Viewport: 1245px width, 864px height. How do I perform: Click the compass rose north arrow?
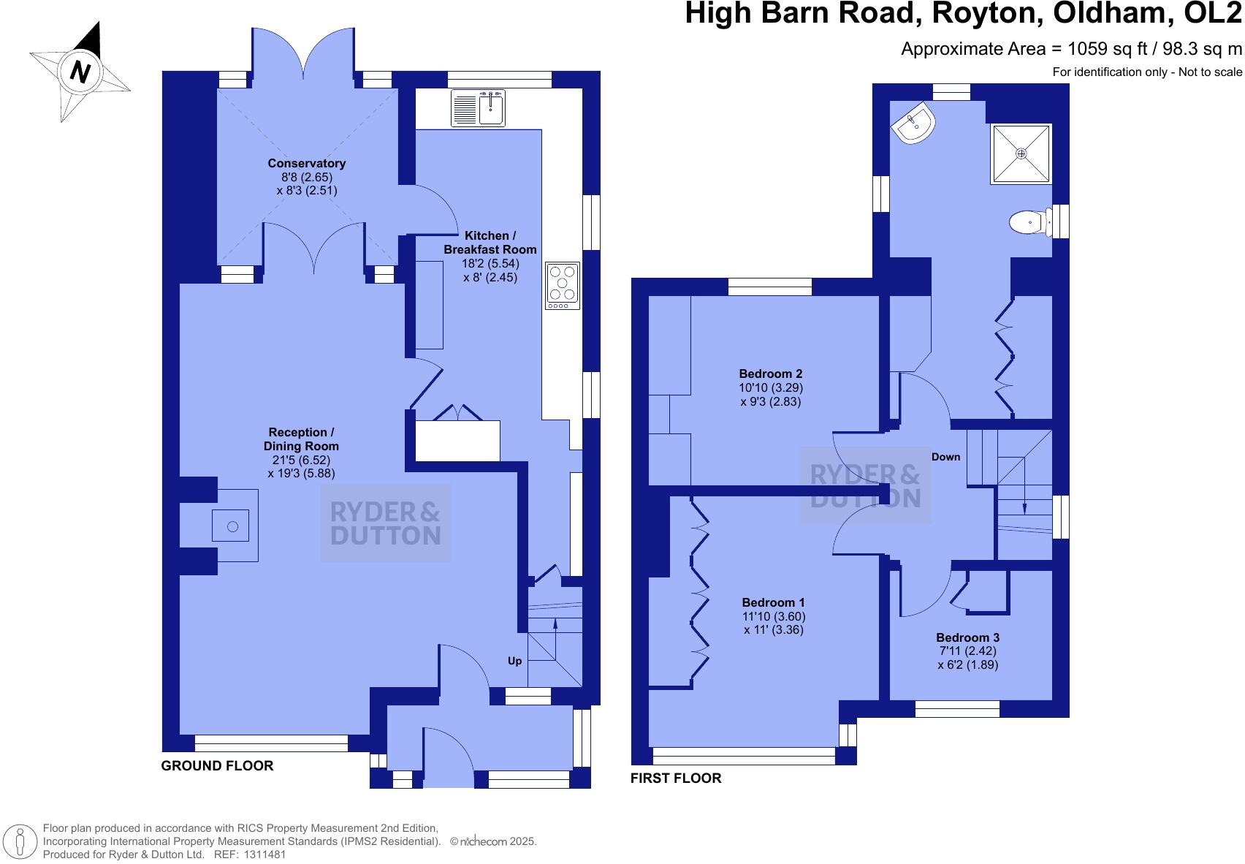pyautogui.click(x=80, y=71)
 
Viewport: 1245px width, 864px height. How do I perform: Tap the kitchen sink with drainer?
pyautogui.click(x=479, y=108)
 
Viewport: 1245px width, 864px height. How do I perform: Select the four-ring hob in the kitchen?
pyautogui.click(x=563, y=285)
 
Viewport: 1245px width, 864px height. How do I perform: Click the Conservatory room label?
pyautogui.click(x=306, y=163)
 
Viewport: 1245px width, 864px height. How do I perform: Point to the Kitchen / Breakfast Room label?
pyautogui.click(x=490, y=243)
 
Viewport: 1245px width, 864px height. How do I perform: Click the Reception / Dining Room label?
pyautogui.click(x=301, y=439)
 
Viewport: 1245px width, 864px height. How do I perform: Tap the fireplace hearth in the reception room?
pyautogui.click(x=233, y=526)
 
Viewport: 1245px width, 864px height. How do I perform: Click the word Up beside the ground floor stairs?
pyautogui.click(x=514, y=661)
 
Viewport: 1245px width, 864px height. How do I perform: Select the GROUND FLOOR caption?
pyautogui.click(x=217, y=765)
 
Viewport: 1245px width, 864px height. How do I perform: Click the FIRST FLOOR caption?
pyautogui.click(x=675, y=778)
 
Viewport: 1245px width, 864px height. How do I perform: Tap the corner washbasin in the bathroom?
pyautogui.click(x=913, y=125)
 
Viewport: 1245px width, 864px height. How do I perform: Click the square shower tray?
pyautogui.click(x=1021, y=154)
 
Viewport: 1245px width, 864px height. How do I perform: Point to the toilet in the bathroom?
pyautogui.click(x=1029, y=221)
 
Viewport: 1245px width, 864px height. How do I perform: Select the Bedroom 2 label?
pyautogui.click(x=770, y=374)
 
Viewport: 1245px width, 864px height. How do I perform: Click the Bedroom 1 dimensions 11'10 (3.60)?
pyautogui.click(x=773, y=616)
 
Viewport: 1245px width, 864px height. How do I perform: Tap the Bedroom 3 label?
pyautogui.click(x=967, y=637)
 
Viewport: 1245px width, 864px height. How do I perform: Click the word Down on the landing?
pyautogui.click(x=945, y=457)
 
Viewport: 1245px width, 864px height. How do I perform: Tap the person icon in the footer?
pyautogui.click(x=22, y=842)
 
